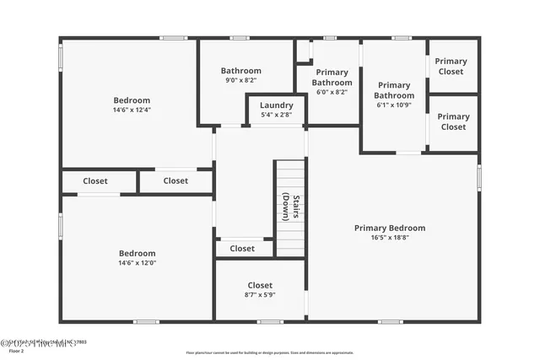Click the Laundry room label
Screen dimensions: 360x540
[x=276, y=105]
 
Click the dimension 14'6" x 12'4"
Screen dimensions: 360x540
[x=132, y=110]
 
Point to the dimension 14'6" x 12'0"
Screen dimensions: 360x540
[x=137, y=263]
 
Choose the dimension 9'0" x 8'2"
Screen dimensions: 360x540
[x=241, y=80]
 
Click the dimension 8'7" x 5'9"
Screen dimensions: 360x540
[x=260, y=294]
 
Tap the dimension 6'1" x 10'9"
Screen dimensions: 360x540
[x=394, y=105]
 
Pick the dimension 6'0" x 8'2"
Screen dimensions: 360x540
[x=332, y=92]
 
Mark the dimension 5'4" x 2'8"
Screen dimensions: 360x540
[x=276, y=114]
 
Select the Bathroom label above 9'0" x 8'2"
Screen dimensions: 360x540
[x=241, y=71]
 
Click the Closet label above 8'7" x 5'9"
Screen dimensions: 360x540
[x=260, y=285]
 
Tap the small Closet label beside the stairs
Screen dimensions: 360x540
[x=242, y=249]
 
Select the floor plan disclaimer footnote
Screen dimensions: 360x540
[x=270, y=352]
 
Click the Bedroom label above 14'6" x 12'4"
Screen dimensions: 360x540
[x=132, y=100]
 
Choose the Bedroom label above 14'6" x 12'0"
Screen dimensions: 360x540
[x=137, y=253]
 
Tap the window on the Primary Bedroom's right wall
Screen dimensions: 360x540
[x=478, y=178]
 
